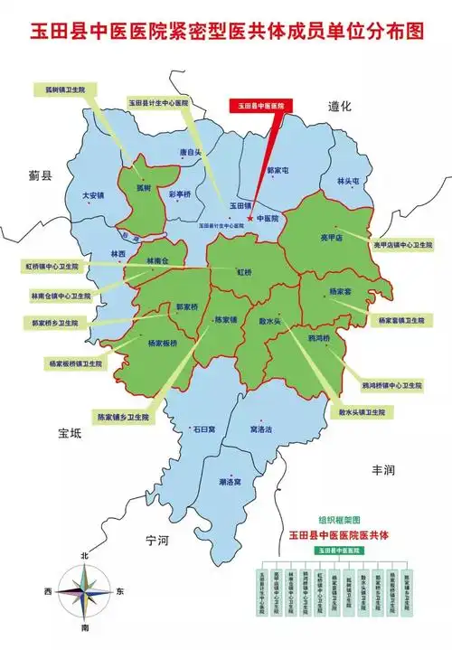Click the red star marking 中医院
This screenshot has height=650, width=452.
click(250, 218)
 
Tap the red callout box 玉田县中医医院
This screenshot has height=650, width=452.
click(260, 107)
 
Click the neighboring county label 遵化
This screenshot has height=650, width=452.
click(339, 107)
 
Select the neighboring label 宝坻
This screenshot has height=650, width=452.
click(69, 434)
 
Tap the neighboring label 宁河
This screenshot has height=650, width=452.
click(157, 540)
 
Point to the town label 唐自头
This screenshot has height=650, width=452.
click(190, 153)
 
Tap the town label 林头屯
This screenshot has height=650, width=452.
click(348, 181)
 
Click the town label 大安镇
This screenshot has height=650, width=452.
click(93, 194)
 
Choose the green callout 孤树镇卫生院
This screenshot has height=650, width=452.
click(64, 90)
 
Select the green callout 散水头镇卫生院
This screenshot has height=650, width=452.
click(362, 411)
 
